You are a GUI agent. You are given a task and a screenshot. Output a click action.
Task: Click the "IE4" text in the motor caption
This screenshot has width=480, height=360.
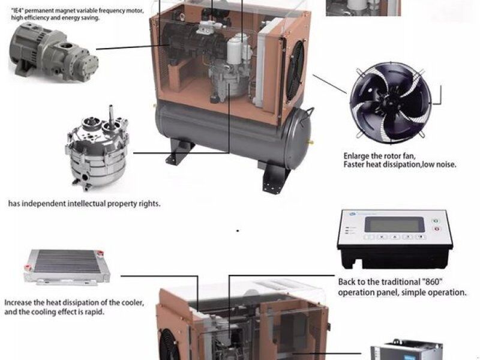[x=17, y=11]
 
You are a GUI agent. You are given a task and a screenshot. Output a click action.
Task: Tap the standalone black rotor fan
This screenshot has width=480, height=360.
[x=391, y=103]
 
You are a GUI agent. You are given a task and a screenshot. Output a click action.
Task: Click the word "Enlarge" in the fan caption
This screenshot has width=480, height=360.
[x=356, y=157]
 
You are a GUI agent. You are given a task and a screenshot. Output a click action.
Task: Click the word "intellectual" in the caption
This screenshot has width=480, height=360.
[x=86, y=203]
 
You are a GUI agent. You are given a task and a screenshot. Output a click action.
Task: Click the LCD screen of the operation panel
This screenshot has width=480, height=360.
[x=395, y=225]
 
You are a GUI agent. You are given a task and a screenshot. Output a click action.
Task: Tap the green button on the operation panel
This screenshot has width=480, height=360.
[x=436, y=221]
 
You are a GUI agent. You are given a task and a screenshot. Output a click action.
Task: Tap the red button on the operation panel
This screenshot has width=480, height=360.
[x=437, y=229]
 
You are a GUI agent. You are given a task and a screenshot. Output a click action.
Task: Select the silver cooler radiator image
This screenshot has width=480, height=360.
[x=67, y=266]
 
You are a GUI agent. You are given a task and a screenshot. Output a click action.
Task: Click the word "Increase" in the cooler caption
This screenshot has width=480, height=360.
[x=18, y=303]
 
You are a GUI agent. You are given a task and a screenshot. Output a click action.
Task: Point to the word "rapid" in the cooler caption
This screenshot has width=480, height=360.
[x=94, y=312]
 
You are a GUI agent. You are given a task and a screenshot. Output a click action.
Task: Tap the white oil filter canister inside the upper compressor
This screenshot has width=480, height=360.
[x=235, y=52]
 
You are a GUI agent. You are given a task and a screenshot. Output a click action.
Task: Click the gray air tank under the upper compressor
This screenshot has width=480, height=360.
[x=233, y=134]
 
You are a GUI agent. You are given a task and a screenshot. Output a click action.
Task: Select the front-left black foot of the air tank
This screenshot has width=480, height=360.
[x=179, y=152]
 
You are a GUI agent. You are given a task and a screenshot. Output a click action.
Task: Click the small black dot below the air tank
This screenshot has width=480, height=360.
[x=238, y=231]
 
